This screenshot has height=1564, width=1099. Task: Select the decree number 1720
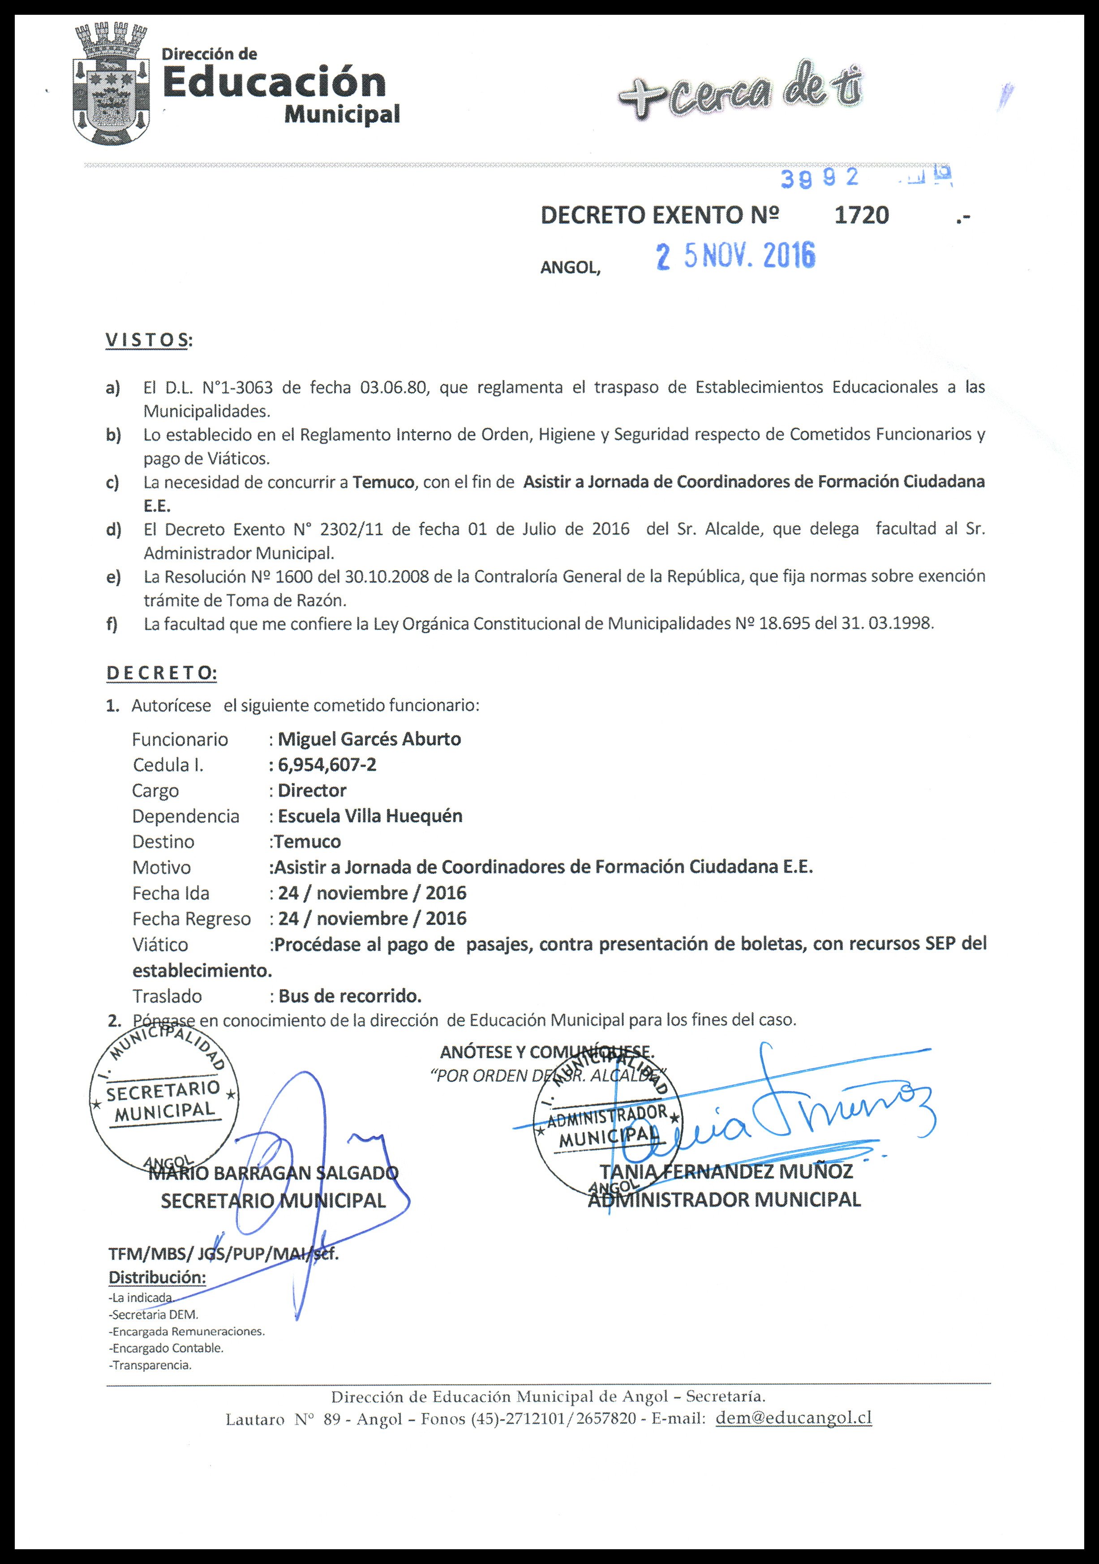861,215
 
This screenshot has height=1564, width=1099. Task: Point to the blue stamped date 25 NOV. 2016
735,256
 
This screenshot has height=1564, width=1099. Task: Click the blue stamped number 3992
819,178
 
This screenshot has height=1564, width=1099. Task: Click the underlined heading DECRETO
161,673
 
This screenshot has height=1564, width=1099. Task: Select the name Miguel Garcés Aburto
369,739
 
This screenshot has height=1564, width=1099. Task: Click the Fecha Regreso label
191,919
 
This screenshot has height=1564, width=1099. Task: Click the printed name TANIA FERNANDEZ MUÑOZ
726,1172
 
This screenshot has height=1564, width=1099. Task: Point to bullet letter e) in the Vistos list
113,577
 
